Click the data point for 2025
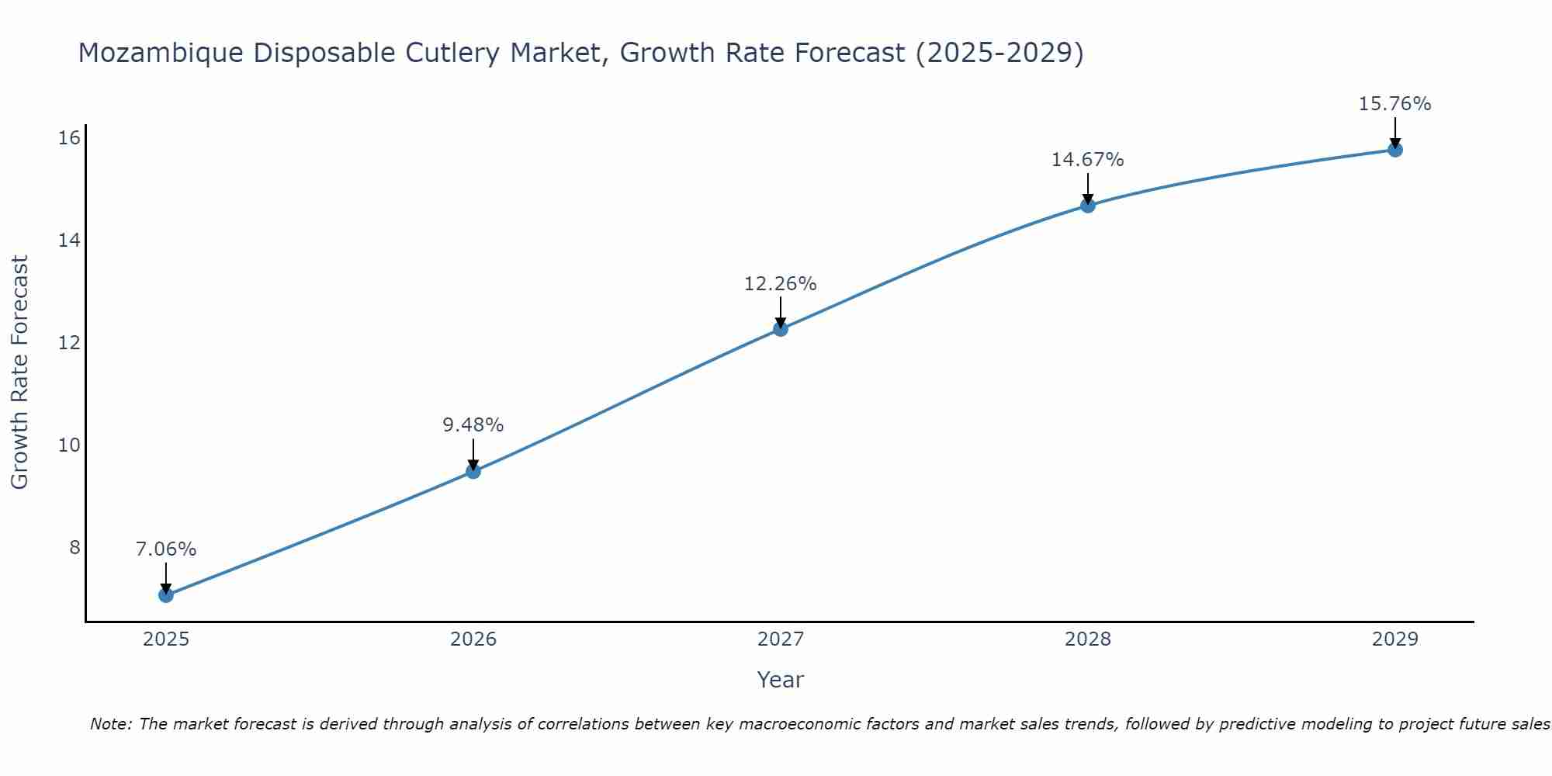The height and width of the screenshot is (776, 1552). [166, 595]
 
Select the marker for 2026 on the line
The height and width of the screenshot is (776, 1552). [473, 471]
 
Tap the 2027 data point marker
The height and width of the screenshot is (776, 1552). [781, 329]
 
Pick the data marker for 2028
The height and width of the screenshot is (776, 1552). [1088, 206]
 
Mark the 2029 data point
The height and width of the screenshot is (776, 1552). [1395, 150]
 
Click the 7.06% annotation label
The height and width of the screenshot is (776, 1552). [166, 549]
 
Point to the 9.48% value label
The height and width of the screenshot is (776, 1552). [473, 425]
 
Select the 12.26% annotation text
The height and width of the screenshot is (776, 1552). [781, 284]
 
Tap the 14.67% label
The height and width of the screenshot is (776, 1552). [1088, 160]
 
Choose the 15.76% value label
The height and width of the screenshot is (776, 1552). [1395, 104]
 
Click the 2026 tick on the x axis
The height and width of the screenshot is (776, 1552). [473, 639]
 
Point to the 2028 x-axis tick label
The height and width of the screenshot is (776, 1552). [1088, 639]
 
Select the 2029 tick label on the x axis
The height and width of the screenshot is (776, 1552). [1395, 639]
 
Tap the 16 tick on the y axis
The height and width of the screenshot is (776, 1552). [70, 138]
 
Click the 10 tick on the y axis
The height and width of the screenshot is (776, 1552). [70, 445]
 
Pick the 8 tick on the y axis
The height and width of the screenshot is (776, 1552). [74, 548]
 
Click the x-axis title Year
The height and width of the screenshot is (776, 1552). [781, 680]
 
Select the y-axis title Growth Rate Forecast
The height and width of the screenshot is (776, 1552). [20, 372]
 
